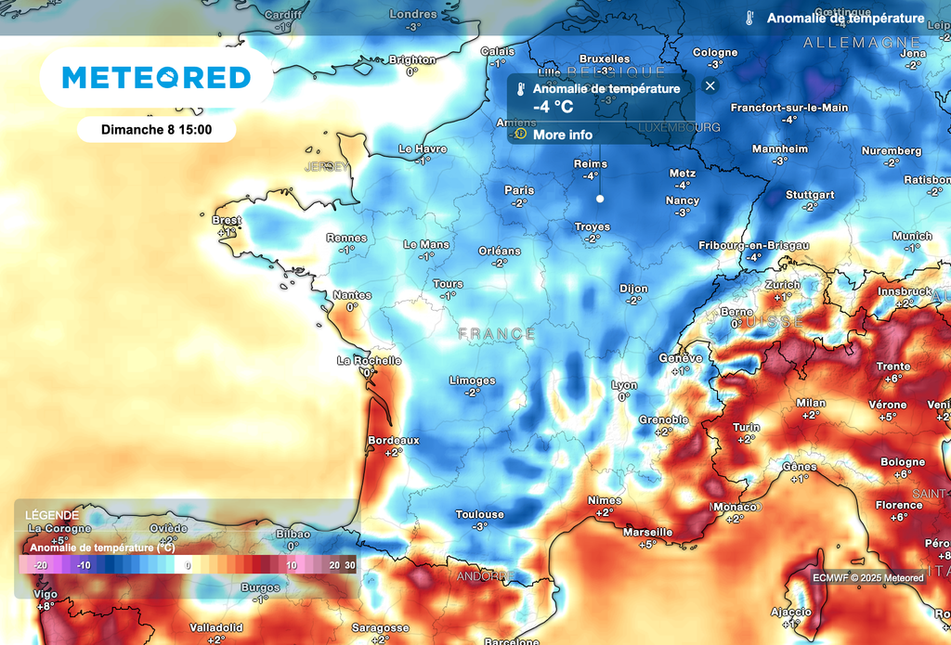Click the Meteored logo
coord(156,77)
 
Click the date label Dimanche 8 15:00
coord(156,129)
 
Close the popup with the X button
coord(710,86)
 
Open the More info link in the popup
coord(562,135)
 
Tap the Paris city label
coord(519,190)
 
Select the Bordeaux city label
coord(394,440)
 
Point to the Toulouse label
coord(479,514)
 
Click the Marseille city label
coord(647,533)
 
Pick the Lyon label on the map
coord(624,384)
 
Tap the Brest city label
coord(227,221)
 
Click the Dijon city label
coord(633,289)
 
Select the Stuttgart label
coord(810,195)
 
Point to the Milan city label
coord(811,403)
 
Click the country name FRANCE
coord(496,333)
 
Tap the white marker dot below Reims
coord(600,199)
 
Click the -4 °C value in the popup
coord(553,107)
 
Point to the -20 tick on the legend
coord(39,564)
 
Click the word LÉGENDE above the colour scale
coord(52,515)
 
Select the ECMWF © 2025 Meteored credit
coord(868,578)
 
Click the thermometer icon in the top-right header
coord(749,18)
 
